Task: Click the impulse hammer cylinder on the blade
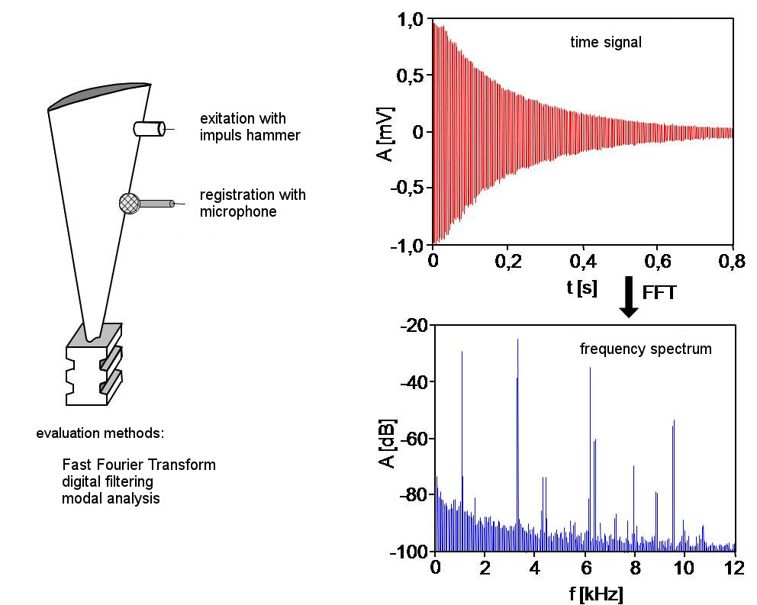[x=149, y=129]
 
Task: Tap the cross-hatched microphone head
[x=129, y=203]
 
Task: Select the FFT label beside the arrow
[x=659, y=293]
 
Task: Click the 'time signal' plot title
[x=606, y=43]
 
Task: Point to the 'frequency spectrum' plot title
[x=646, y=349]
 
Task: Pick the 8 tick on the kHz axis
[x=634, y=568]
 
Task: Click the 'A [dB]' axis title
[x=387, y=442]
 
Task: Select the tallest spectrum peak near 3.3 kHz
[x=517, y=341]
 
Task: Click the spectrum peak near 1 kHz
[x=462, y=352]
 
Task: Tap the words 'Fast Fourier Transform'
[x=139, y=465]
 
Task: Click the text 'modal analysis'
[x=111, y=499]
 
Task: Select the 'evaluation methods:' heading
[x=100, y=433]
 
